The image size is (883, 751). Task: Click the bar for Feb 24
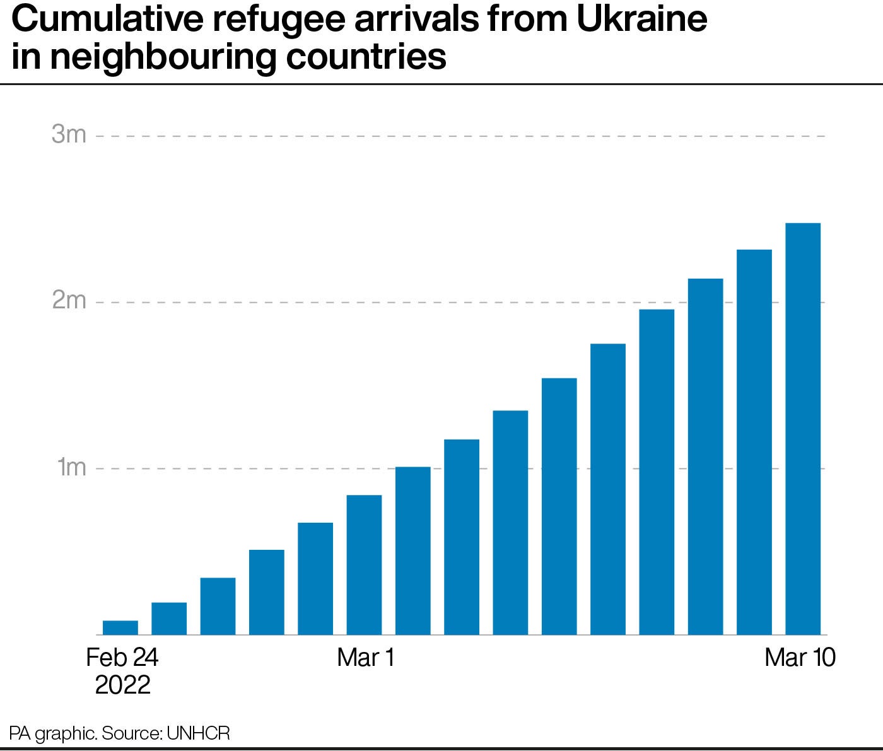click(120, 627)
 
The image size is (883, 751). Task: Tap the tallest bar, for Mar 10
click(802, 429)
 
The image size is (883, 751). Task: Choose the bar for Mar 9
click(754, 442)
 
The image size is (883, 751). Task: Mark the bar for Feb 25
click(169, 619)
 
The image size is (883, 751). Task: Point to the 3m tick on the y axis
click(69, 135)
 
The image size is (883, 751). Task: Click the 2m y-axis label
click(69, 301)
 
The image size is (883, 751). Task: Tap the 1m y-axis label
click(71, 468)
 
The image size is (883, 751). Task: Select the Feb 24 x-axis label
click(122, 658)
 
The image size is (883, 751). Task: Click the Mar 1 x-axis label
click(365, 658)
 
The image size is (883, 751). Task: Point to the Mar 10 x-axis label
click(800, 658)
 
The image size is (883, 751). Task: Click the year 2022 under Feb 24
click(122, 685)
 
